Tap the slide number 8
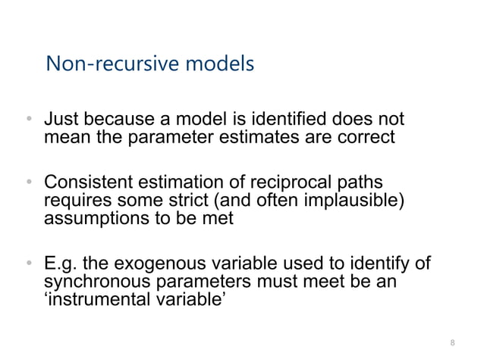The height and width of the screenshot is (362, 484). point(453,343)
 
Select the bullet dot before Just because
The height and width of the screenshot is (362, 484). point(27,120)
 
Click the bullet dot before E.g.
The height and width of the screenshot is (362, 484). point(27,264)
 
